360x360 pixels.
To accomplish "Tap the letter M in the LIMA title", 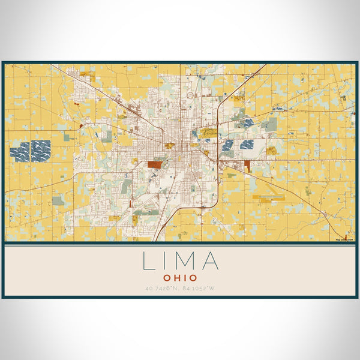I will click(185, 261).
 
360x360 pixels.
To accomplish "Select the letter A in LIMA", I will click(209, 261).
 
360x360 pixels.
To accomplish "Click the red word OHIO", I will click(180, 278).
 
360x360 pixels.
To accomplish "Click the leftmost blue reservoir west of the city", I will click(19, 152).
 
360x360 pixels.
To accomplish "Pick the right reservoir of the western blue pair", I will click(41, 151).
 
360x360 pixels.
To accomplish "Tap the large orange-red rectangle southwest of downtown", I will click(155, 164).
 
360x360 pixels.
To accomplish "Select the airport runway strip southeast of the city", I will click(268, 196).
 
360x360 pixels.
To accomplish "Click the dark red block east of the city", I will click(247, 165).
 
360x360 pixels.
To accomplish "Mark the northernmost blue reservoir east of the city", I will click(248, 123).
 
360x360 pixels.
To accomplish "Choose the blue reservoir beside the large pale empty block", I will click(247, 144).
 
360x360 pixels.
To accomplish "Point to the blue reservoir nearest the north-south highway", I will click(227, 145).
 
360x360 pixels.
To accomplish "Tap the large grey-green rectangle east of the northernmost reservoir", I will click(272, 124).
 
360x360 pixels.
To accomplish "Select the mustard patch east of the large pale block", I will click(271, 150).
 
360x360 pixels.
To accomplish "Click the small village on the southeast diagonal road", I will click(324, 213).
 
